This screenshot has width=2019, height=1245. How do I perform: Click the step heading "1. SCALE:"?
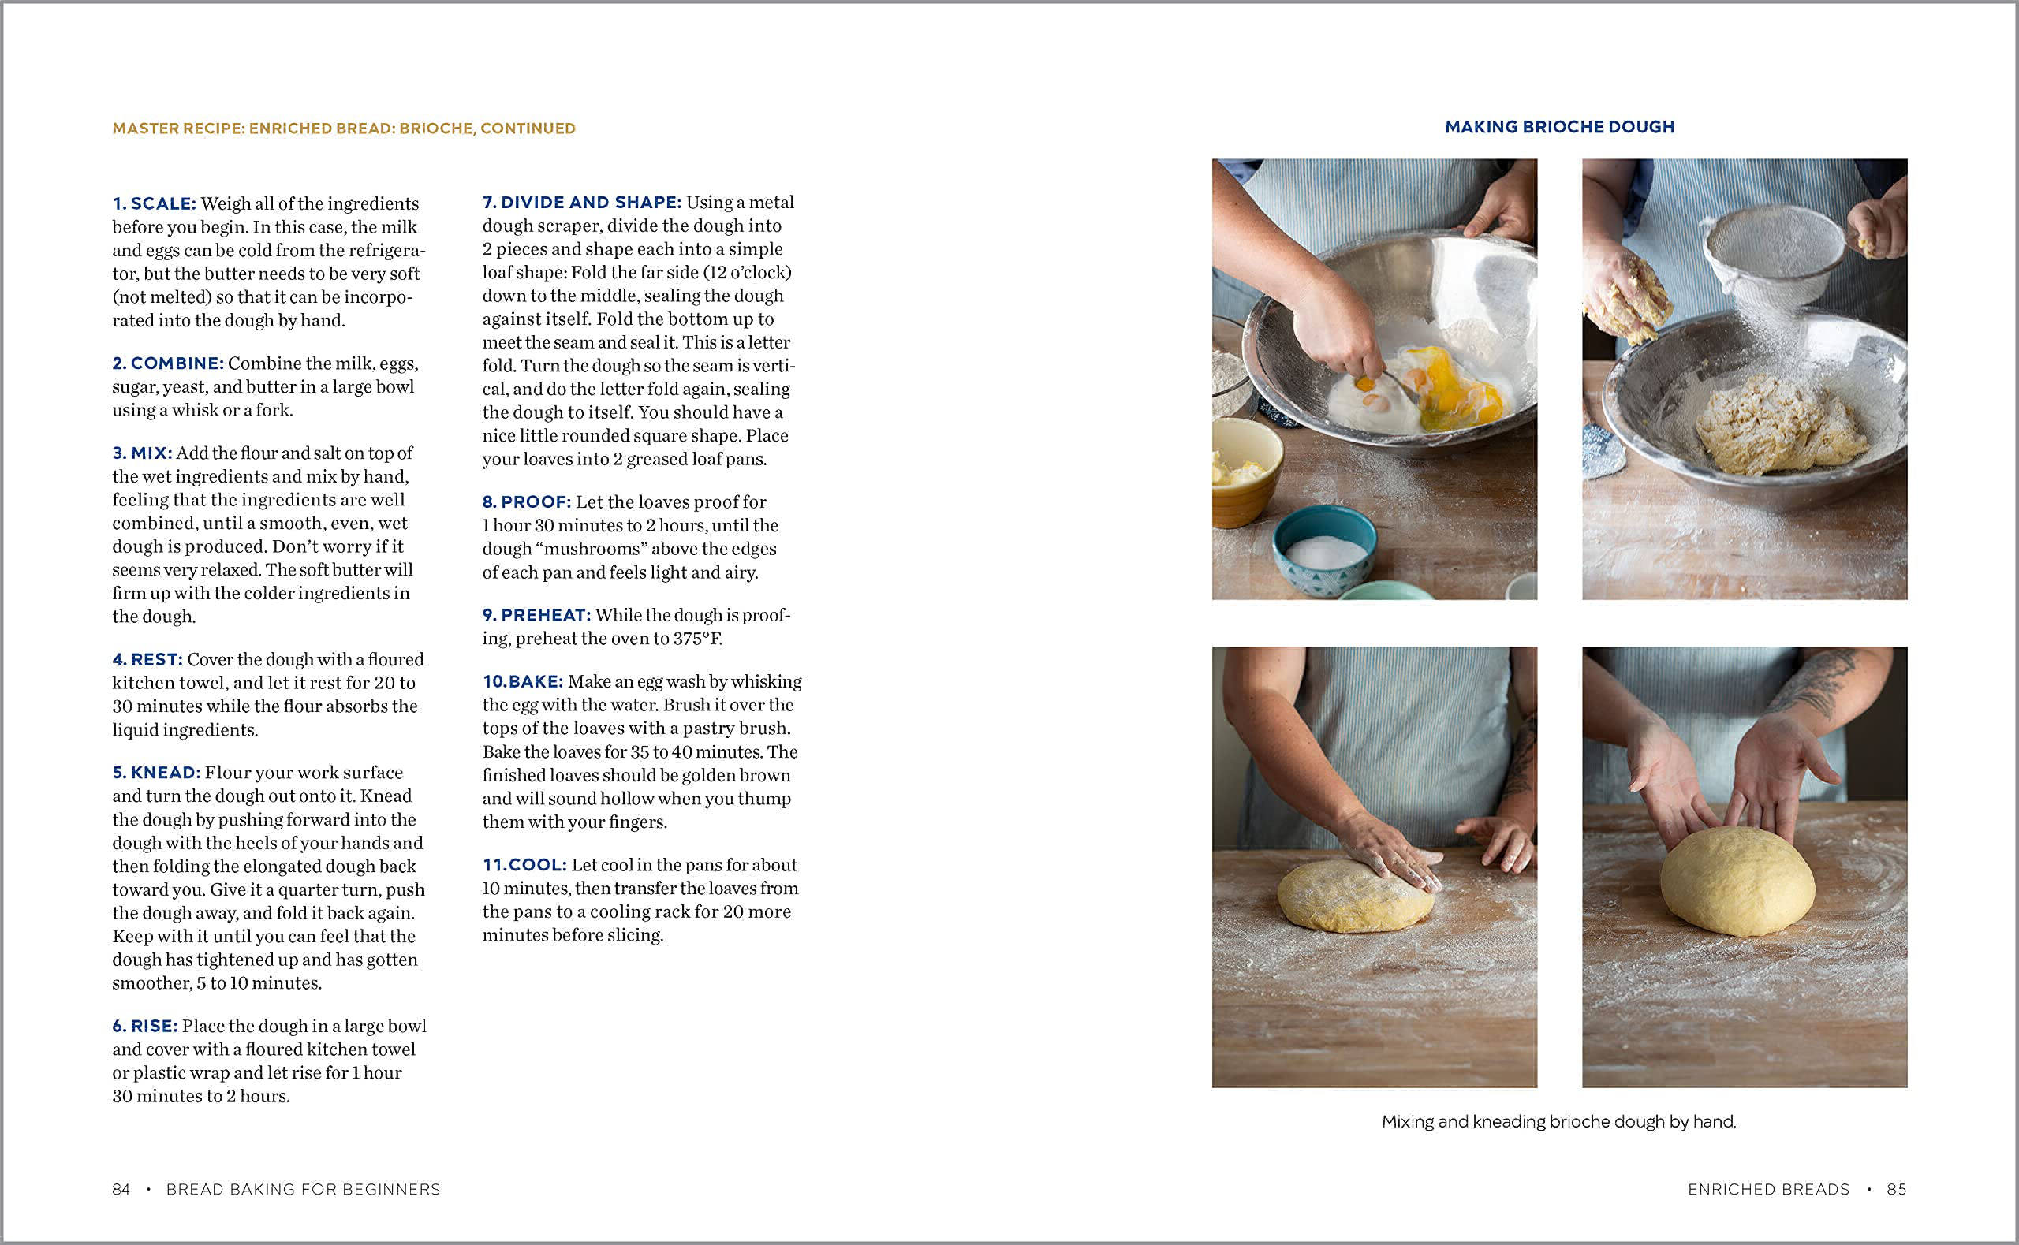[x=154, y=203]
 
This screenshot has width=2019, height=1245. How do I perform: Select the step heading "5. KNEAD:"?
[x=156, y=773]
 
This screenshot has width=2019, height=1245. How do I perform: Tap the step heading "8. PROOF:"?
[x=526, y=501]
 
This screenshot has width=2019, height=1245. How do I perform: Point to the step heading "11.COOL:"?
[x=524, y=865]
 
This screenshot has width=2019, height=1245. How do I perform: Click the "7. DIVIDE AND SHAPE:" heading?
[x=581, y=202]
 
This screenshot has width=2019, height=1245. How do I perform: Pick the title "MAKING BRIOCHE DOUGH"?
[x=1559, y=127]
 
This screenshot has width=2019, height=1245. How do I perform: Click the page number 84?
[x=121, y=1189]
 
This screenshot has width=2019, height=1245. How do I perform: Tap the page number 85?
[x=1896, y=1189]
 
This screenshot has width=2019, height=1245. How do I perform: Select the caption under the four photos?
[x=1558, y=1121]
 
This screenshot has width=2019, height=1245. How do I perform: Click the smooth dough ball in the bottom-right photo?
[x=1737, y=881]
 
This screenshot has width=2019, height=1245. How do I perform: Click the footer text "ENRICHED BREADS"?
[x=1768, y=1189]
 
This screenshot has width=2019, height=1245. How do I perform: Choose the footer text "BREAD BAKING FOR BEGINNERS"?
[x=303, y=1189]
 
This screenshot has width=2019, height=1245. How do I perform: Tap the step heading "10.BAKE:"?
[x=522, y=681]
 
